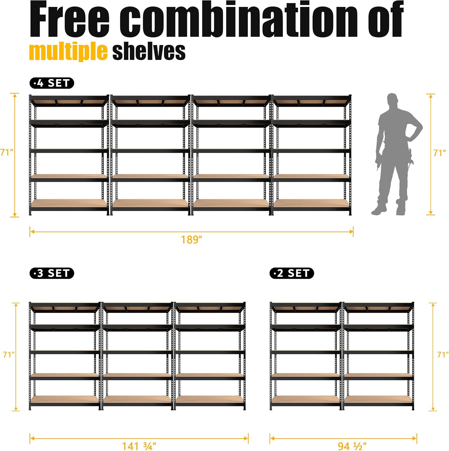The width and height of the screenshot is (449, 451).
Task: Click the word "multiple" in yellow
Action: (68, 51)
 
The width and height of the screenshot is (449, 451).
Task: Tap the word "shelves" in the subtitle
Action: (149, 51)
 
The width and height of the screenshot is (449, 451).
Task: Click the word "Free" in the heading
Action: (70, 20)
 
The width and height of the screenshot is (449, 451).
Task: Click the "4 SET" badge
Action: (52, 83)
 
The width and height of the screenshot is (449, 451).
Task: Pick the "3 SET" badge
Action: (52, 273)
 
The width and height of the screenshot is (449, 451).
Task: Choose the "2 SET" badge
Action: (291, 273)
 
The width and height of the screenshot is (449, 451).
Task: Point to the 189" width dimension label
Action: (191, 240)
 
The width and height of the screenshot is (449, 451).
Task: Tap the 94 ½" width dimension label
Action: (352, 446)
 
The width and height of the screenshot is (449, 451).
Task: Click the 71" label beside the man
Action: (439, 153)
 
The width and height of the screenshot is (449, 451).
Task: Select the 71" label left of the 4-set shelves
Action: (7, 152)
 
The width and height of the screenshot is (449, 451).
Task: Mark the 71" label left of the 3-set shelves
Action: (9, 355)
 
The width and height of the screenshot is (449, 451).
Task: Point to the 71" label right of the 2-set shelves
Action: (443, 355)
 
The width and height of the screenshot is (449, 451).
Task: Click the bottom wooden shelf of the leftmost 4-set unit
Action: (69, 203)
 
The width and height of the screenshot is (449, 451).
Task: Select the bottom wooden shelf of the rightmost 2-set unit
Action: (378, 399)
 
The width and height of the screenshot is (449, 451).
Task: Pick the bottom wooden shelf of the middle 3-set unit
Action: (137, 399)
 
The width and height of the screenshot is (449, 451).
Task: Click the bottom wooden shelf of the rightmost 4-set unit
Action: (311, 203)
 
